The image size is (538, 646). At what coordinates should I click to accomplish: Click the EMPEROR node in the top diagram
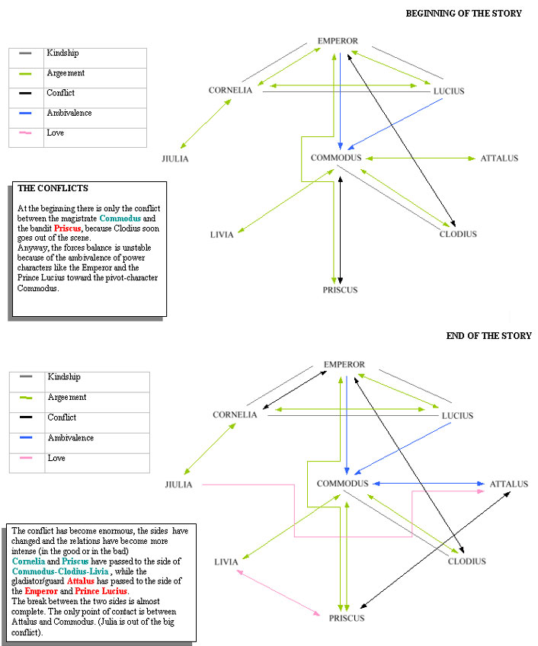[x=338, y=41]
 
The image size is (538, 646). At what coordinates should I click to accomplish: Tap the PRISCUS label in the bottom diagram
[x=347, y=618]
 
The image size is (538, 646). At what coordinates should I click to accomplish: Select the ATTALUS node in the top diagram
[x=499, y=158]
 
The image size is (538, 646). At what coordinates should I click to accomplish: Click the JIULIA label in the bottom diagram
[x=178, y=484]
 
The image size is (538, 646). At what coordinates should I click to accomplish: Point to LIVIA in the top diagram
[x=222, y=235]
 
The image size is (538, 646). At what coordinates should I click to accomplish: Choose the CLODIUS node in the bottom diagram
[x=466, y=561]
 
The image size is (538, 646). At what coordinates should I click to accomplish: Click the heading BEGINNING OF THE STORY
[x=464, y=14]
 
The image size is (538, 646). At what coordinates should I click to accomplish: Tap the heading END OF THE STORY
[x=489, y=336]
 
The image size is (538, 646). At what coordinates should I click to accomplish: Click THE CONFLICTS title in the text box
[x=53, y=188]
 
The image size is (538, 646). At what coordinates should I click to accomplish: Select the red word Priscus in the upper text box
[x=67, y=229]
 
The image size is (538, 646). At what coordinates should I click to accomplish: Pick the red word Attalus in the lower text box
[x=80, y=581]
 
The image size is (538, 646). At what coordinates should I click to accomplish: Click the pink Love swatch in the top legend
[x=25, y=133]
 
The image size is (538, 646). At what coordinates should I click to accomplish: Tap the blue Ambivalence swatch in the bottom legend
[x=26, y=437]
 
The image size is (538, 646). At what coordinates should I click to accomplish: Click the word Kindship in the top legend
[x=62, y=53]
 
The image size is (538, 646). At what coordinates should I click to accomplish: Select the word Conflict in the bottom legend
[x=62, y=417]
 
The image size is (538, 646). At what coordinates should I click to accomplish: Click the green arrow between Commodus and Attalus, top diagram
[x=421, y=158]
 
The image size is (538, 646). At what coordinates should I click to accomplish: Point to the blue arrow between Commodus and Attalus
[x=429, y=484]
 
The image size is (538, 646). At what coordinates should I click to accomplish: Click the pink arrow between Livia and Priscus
[x=278, y=593]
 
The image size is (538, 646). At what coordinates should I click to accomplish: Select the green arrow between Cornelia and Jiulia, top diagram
[x=206, y=123]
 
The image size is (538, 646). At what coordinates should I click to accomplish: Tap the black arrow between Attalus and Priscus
[x=435, y=550]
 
